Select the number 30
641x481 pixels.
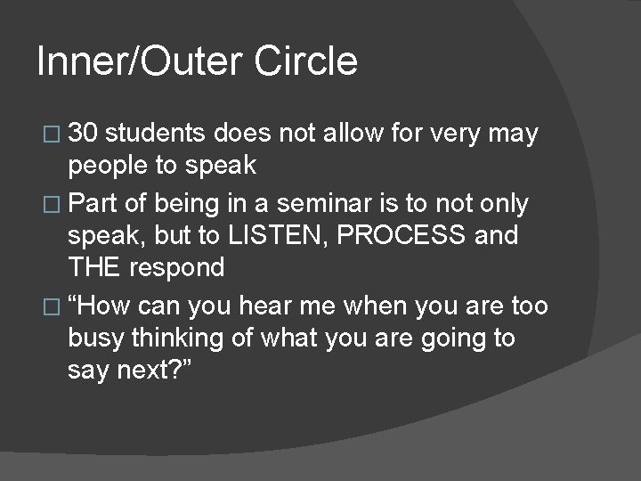[x=85, y=135]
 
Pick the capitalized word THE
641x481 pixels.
[x=96, y=267]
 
